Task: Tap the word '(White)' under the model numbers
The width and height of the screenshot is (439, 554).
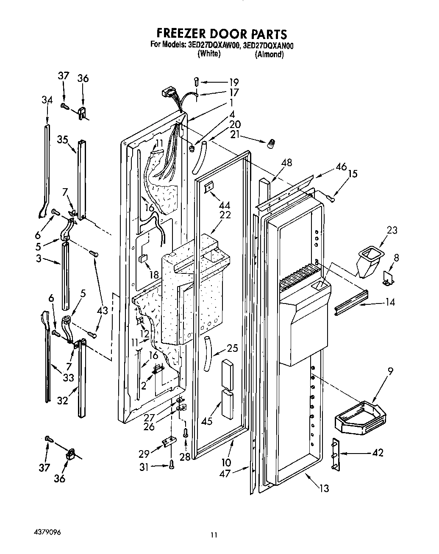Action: (209, 54)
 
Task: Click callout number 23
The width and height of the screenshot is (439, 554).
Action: (393, 230)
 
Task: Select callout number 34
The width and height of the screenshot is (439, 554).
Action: (47, 100)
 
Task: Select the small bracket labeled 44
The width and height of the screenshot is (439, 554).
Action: (209, 187)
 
